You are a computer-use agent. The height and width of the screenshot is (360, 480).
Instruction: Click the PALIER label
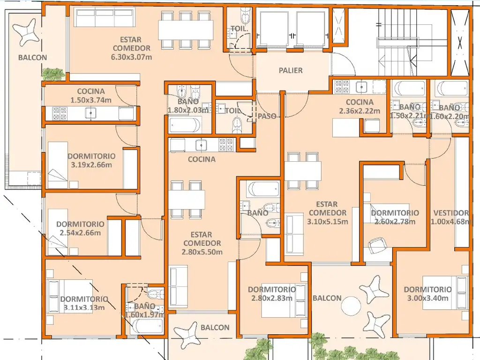[x=291, y=70]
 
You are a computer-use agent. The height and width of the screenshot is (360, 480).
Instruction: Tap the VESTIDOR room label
[x=451, y=213]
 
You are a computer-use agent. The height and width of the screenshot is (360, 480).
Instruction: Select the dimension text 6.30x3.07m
[x=131, y=57]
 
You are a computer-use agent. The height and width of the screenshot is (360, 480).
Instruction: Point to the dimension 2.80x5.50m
[x=202, y=252]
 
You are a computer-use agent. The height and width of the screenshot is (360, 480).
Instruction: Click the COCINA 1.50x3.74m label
[x=91, y=96]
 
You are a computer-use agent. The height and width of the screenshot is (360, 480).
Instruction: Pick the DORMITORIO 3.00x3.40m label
[x=427, y=293]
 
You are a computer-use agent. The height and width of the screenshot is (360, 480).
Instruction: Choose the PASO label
[x=267, y=116]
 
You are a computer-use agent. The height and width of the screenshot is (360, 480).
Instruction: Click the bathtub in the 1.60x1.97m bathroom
[x=146, y=326]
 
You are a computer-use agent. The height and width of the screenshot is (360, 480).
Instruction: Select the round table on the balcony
[x=351, y=306]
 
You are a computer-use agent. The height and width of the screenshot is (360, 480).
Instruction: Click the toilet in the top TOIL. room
[x=245, y=16]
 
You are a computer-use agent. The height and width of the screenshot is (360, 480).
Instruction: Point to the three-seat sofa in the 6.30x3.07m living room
[x=105, y=18]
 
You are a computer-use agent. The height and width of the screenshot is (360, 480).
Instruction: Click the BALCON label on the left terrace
[x=32, y=57]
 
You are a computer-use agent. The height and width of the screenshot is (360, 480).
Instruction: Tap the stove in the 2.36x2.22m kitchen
[x=342, y=86]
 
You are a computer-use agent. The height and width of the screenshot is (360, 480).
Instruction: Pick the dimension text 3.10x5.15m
[x=328, y=221]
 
